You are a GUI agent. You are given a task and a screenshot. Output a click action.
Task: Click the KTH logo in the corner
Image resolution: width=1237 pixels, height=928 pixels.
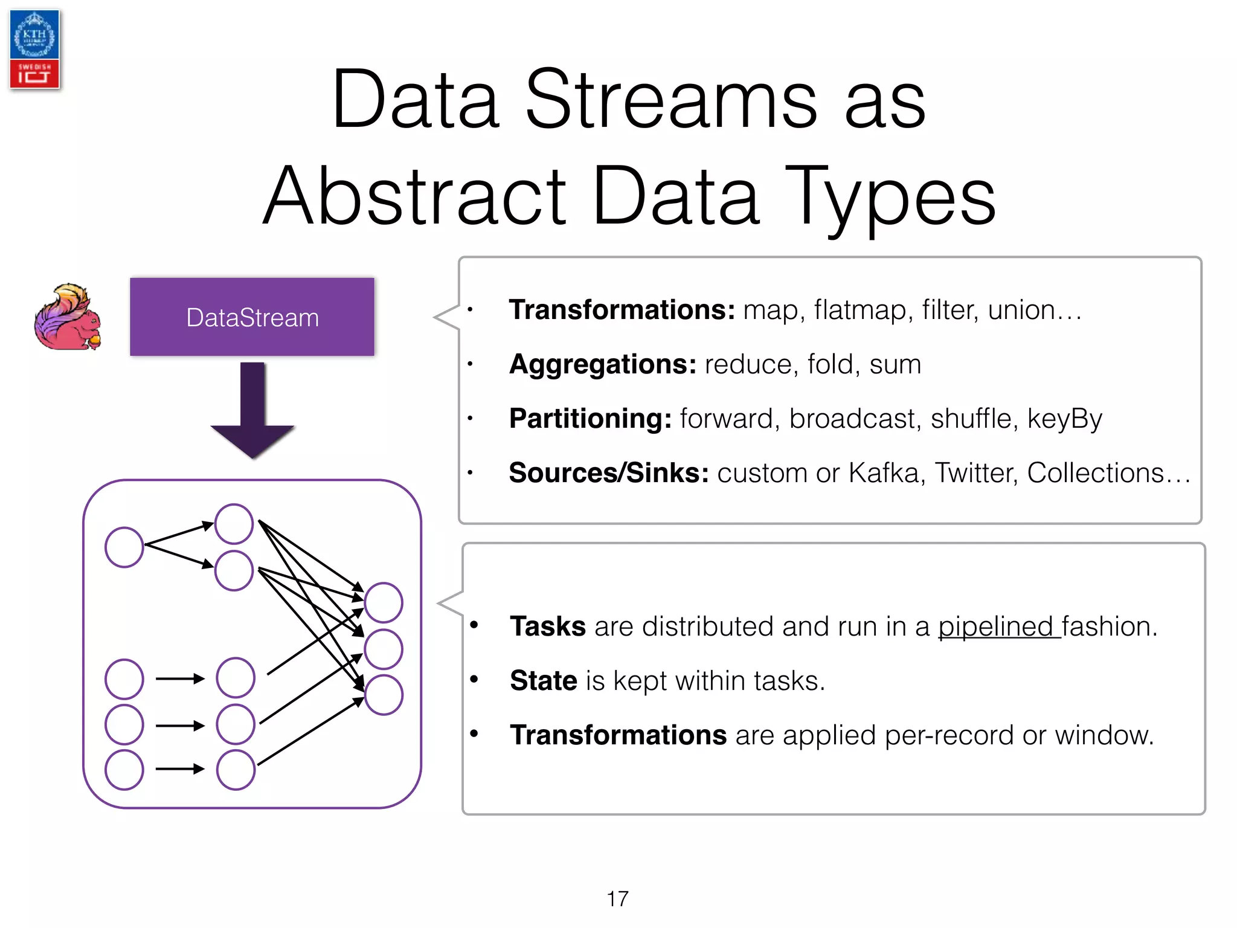pos(34,34)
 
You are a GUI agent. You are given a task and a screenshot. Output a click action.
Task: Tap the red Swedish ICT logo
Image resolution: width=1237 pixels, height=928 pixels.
pos(34,74)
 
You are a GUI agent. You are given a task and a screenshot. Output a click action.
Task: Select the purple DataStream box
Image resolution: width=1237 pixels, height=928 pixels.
pos(252,317)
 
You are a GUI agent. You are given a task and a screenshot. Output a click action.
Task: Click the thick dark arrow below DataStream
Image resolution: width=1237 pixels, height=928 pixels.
pos(252,411)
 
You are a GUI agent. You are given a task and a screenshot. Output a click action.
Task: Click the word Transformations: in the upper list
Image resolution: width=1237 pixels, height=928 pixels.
pos(622,310)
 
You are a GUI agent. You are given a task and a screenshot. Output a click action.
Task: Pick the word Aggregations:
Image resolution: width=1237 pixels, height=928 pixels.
pos(602,364)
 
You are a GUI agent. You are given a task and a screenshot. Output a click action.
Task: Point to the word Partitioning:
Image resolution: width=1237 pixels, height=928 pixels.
pos(590,419)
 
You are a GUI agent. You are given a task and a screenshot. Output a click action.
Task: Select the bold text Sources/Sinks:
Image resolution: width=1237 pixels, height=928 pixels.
pos(608,473)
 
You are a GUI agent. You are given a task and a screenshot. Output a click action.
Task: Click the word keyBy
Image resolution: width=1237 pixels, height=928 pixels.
pos(1064,419)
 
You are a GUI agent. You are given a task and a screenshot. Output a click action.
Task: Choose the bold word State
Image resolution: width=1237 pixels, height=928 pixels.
pos(544,681)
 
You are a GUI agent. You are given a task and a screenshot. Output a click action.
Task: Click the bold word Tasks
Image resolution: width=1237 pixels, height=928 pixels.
pos(547,627)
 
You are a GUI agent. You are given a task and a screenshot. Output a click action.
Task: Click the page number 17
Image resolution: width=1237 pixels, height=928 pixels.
pos(617,899)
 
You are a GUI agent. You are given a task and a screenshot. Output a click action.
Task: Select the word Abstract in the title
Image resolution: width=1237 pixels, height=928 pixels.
pos(414,196)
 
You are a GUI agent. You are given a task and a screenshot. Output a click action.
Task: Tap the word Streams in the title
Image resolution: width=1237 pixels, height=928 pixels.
pos(671,100)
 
